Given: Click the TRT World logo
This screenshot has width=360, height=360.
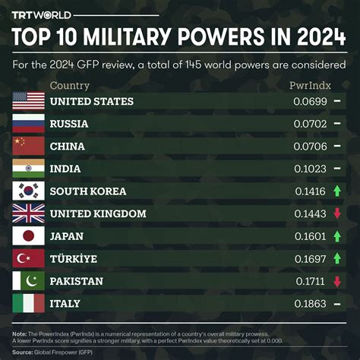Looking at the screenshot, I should [x=41, y=15].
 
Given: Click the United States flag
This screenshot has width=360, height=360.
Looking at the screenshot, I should [x=29, y=101].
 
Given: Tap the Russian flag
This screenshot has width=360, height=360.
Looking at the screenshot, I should [x=29, y=124].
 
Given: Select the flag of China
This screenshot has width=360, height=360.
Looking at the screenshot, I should [x=29, y=147].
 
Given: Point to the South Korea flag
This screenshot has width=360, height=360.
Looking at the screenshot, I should [x=29, y=191].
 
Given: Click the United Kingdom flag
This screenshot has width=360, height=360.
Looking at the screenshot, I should [x=29, y=213].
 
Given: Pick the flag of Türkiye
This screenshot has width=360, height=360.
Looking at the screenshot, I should [x=29, y=259].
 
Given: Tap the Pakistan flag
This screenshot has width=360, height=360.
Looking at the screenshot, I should [x=29, y=281].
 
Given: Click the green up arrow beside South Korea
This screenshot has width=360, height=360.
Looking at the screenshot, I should [x=337, y=191].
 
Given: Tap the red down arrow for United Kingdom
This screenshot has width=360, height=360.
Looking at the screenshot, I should [x=337, y=214].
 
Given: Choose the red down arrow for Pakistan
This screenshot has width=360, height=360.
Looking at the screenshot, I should [x=337, y=282].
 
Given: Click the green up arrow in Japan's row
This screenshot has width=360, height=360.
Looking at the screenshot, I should [x=337, y=236].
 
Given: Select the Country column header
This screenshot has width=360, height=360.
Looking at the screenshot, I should [x=69, y=86].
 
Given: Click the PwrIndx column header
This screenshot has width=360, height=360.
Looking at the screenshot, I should [x=310, y=86].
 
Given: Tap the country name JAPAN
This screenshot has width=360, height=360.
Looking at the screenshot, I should [x=67, y=236].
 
